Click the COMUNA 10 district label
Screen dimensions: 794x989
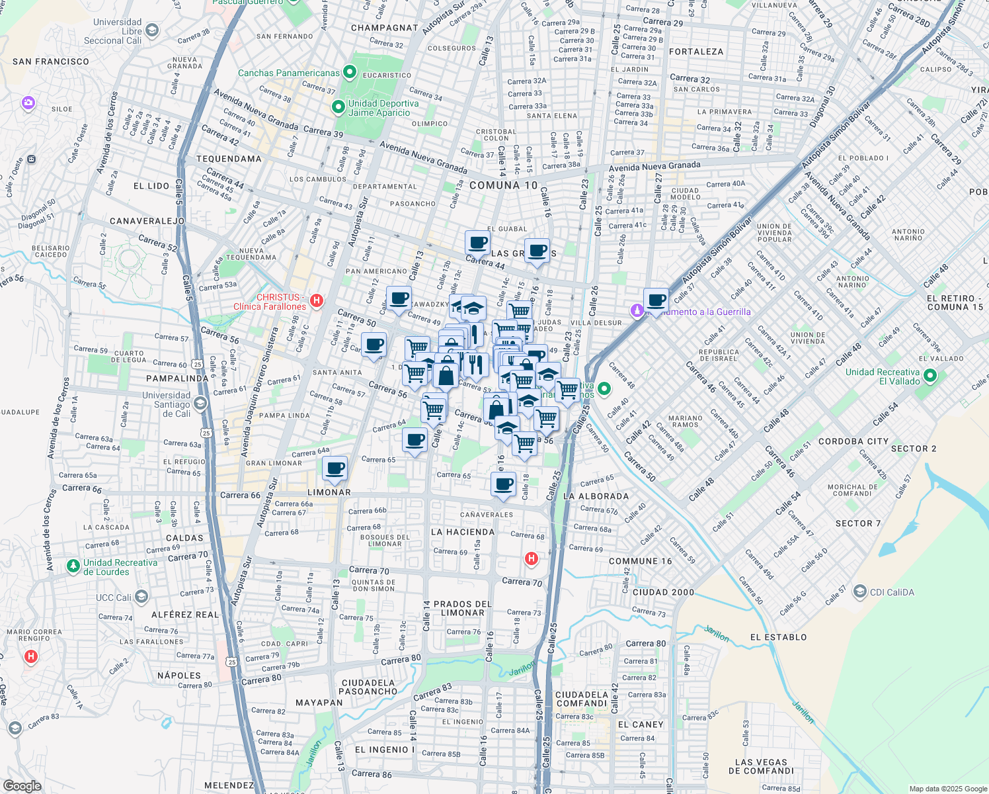[503, 185]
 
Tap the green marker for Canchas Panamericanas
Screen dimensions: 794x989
[350, 72]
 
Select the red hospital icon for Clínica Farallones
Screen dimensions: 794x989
[317, 301]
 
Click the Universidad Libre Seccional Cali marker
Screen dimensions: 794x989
[152, 30]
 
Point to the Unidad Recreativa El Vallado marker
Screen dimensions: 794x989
[930, 376]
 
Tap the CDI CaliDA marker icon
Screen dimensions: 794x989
[859, 592]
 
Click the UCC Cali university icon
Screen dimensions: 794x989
[141, 597]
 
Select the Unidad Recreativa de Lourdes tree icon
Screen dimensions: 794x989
[73, 566]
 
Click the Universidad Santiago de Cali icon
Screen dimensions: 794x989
[200, 403]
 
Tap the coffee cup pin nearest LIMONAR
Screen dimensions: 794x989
[335, 468]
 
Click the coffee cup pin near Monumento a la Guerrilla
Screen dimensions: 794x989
[656, 300]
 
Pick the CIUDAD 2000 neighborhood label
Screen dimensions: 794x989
[663, 592]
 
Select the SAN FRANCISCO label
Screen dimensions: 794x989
[51, 62]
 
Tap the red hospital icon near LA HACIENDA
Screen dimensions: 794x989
[531, 559]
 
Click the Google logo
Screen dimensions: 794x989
[22, 785]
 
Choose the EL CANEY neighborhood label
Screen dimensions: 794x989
[640, 725]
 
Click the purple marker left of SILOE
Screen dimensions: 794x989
[28, 103]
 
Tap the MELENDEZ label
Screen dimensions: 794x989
[229, 785]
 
